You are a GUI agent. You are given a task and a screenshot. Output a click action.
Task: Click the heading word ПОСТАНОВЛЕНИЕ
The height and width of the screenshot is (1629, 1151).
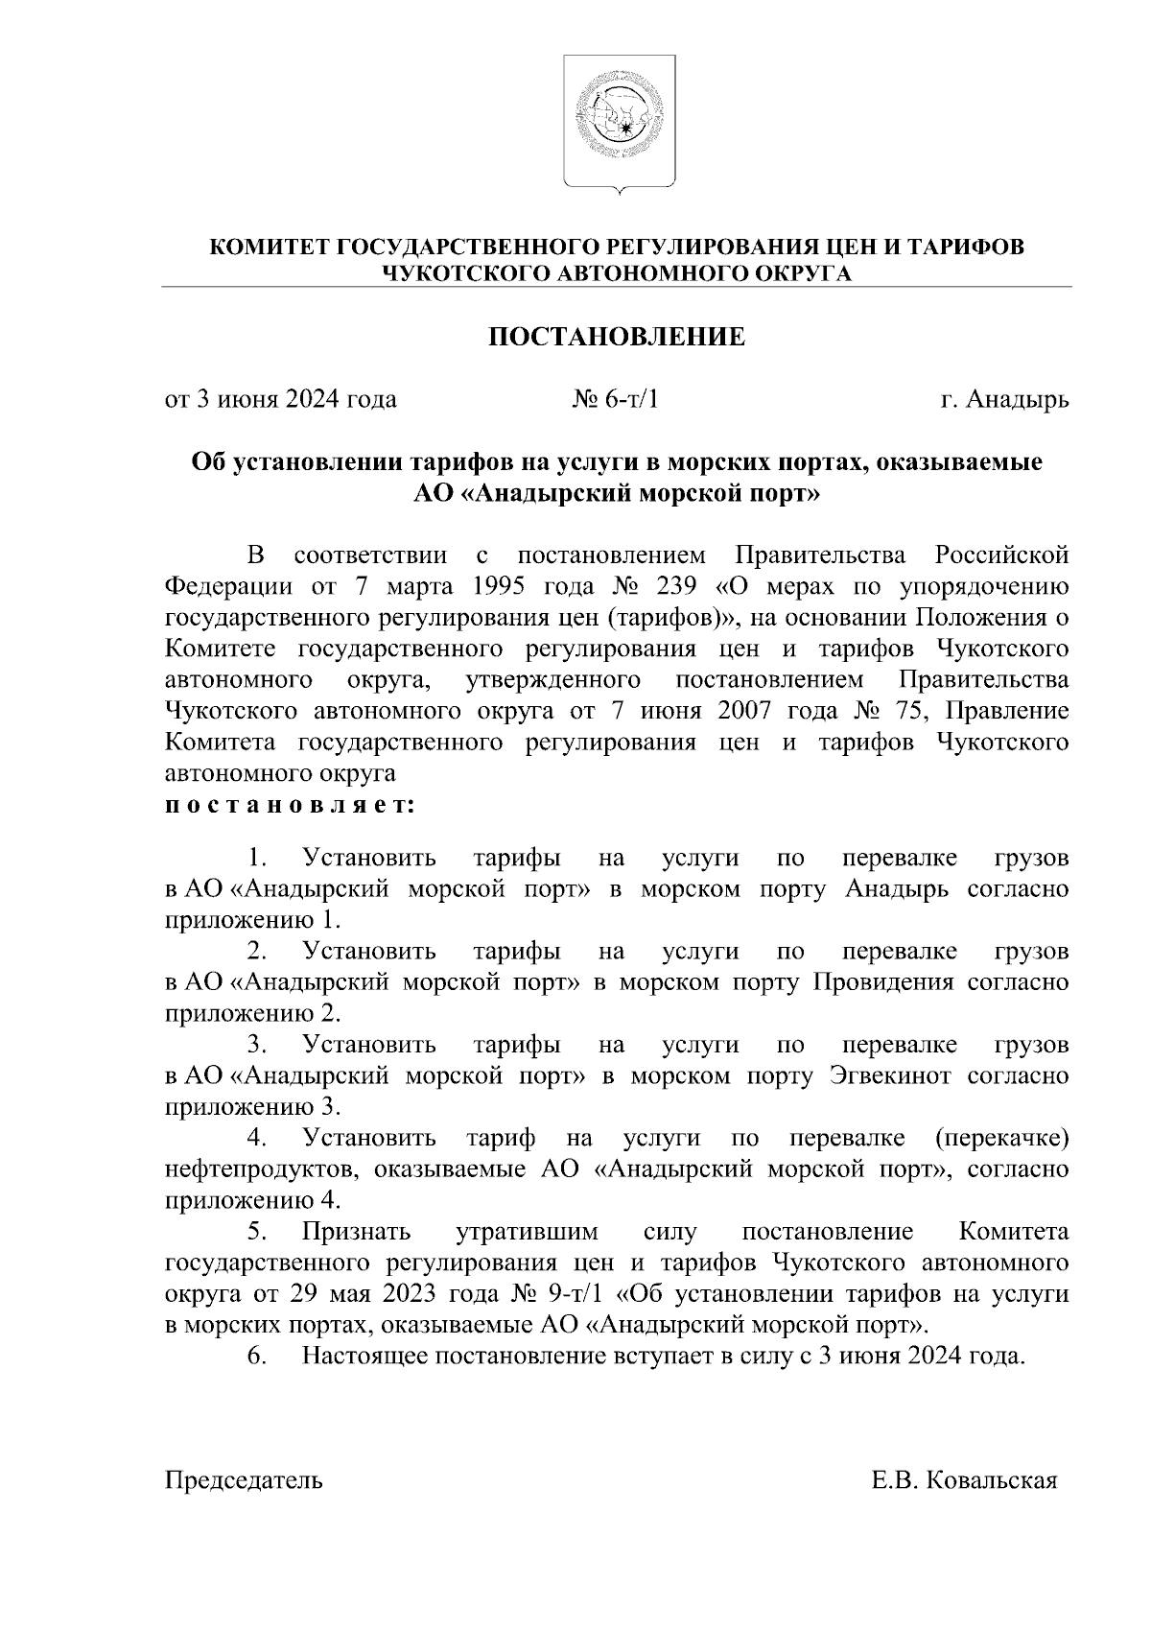coord(618,337)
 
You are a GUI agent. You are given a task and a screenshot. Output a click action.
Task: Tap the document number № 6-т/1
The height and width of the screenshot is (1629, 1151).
coord(616,399)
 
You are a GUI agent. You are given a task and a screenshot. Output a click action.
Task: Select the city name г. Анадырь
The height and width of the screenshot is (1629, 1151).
coord(1004,399)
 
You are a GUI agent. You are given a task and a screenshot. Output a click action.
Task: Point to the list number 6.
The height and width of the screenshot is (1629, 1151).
coord(255,1357)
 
